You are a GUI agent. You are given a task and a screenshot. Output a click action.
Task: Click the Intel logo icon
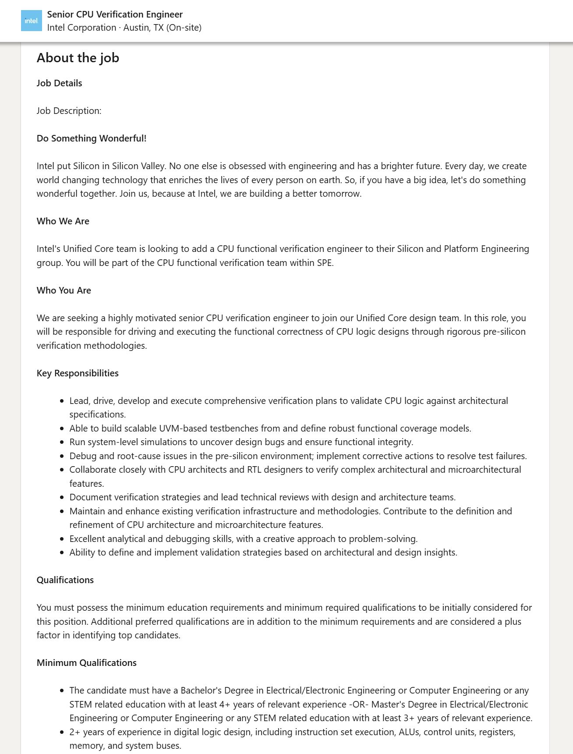pos(32,21)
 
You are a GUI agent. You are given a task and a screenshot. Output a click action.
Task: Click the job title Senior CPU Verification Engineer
pos(115,14)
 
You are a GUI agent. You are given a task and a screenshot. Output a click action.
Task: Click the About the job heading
pos(78,58)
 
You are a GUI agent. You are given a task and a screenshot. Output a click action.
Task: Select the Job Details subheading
pos(59,83)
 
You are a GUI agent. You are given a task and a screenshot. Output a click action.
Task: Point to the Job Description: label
pos(69,111)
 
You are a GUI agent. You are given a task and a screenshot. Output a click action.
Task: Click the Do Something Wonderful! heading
pos(92,138)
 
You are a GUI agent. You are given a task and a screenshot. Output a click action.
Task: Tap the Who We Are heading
pos(63,221)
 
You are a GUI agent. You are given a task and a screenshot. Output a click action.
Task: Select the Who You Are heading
pos(64,290)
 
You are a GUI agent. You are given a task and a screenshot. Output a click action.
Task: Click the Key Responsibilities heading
pos(78,373)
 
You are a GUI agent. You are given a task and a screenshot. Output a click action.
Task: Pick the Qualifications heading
pos(65,580)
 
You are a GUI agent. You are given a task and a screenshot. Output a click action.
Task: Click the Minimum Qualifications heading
pos(87,663)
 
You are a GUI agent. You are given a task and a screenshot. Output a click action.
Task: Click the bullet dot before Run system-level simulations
pos(62,442)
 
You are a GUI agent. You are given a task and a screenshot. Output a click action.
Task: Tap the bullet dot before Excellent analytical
pos(62,539)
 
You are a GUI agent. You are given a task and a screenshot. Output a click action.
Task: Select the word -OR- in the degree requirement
pos(359,704)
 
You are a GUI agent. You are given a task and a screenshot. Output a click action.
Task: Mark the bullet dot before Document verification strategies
pos(62,498)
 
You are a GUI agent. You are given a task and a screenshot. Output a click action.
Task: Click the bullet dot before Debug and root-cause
pos(62,457)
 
